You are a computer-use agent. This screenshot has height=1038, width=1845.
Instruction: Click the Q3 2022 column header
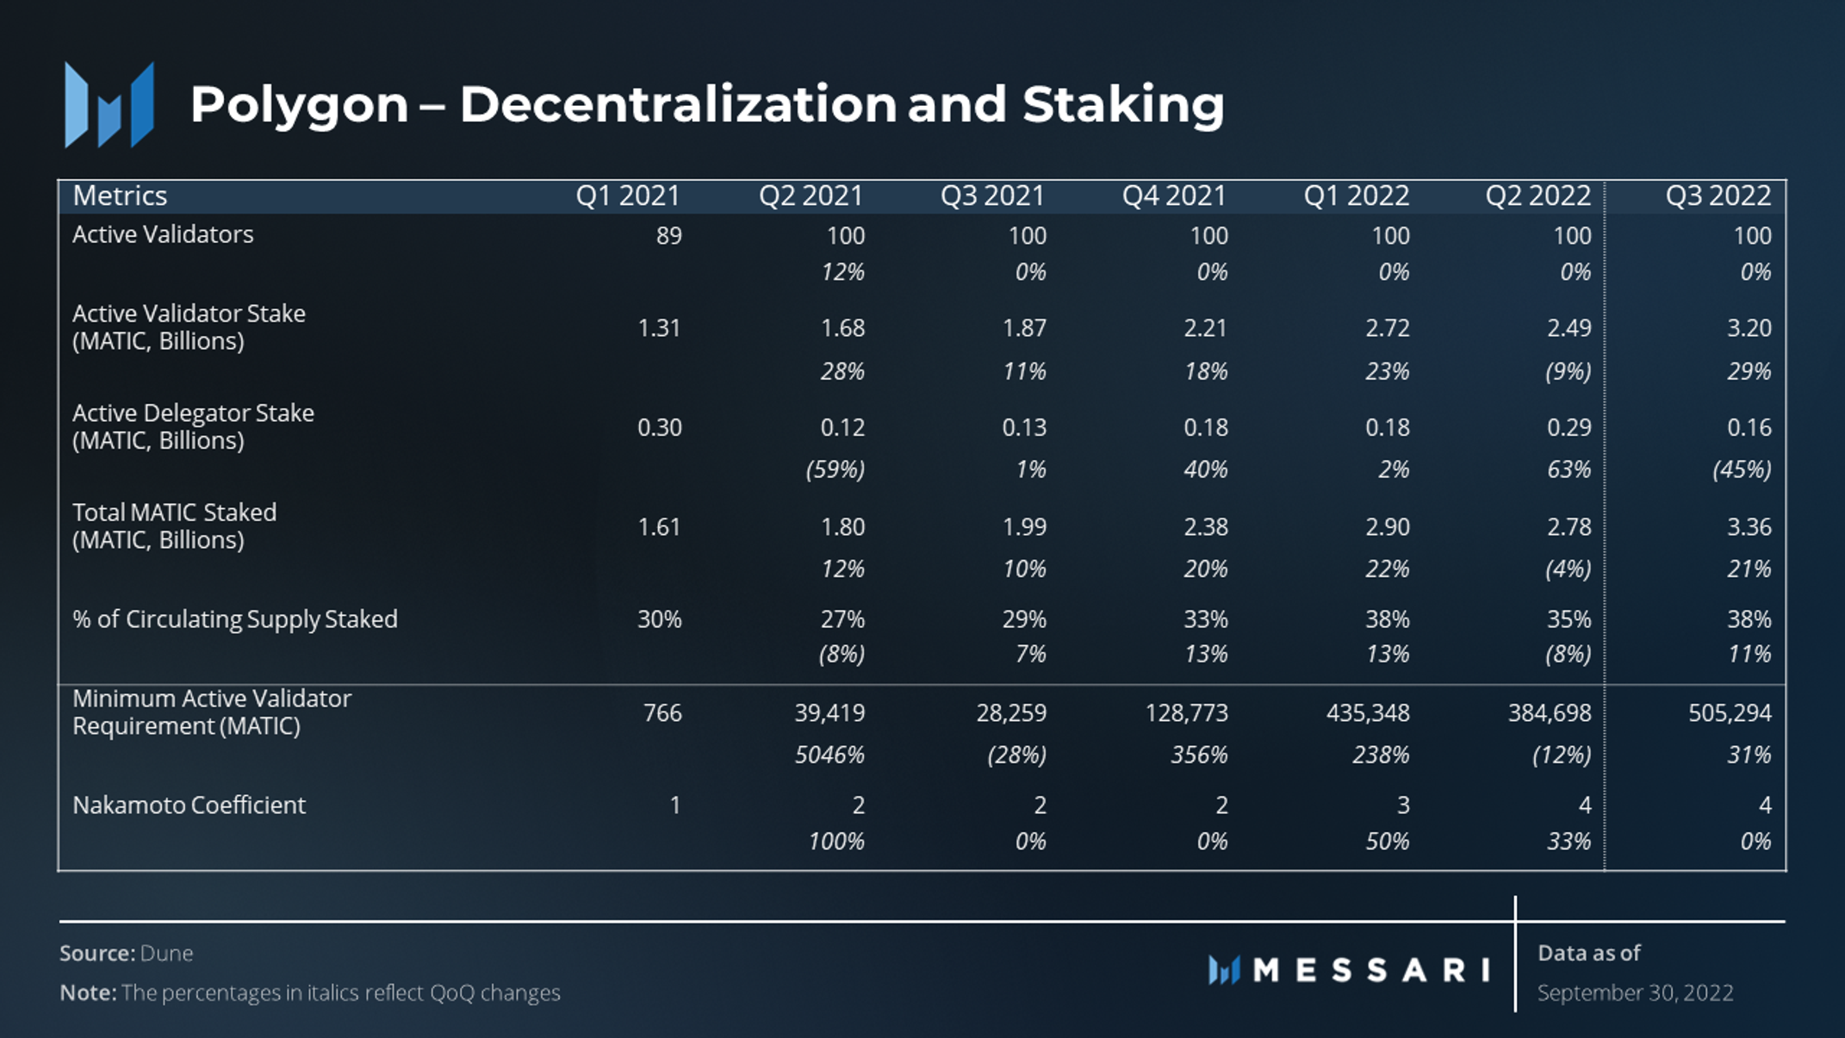1718,196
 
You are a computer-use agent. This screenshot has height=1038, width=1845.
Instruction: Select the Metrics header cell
120,196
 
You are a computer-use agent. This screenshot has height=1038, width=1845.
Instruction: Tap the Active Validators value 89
668,236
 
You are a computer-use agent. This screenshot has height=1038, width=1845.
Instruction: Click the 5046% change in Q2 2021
829,755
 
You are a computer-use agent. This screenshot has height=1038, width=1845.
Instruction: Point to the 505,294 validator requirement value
1729,713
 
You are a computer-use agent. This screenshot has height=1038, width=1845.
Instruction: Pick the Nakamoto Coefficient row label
189,805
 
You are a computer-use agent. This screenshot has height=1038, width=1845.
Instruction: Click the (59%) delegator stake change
835,470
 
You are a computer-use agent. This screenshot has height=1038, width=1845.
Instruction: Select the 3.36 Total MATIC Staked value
1749,527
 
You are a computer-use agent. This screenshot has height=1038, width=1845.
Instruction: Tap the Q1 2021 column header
627,196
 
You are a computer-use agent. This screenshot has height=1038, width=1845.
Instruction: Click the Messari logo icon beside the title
109,105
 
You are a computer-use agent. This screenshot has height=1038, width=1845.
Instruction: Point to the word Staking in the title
1122,105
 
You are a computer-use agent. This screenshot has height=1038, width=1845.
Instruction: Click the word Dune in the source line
166,954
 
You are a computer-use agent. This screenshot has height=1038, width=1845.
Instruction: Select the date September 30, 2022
1635,993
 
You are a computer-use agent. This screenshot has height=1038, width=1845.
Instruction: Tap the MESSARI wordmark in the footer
1371,971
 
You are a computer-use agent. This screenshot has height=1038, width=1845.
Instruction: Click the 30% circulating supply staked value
659,619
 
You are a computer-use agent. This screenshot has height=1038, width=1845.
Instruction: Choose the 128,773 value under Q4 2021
1186,713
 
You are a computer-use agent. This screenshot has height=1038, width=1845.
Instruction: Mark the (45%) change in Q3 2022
1741,470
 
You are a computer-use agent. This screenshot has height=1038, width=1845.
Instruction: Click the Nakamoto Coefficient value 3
1402,805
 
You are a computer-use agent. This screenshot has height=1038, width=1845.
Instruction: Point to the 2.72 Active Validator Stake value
1387,328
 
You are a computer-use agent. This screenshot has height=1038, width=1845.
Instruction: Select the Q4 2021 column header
1173,196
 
